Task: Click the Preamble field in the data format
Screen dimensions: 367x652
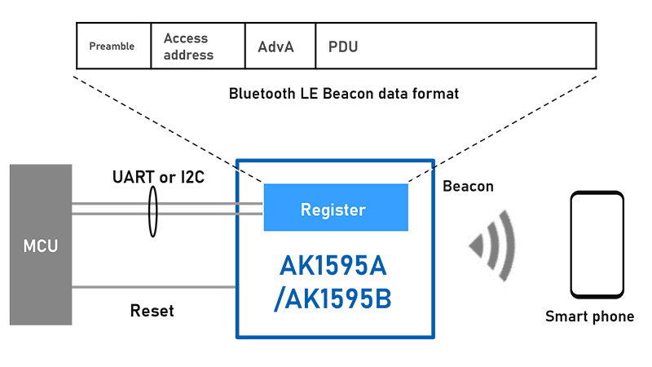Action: coord(112,46)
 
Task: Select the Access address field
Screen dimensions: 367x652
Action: coord(188,47)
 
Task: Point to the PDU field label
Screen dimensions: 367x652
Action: coord(342,47)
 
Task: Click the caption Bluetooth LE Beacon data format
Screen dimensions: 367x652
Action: coord(344,94)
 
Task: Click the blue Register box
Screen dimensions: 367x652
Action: coord(335,208)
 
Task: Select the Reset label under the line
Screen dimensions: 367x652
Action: coord(152,312)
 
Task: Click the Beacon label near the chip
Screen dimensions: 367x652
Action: coord(468,187)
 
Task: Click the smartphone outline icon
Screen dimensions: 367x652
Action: coord(597,245)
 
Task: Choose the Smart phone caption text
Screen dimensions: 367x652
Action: coord(589,316)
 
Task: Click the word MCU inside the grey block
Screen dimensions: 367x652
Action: coord(41,245)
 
